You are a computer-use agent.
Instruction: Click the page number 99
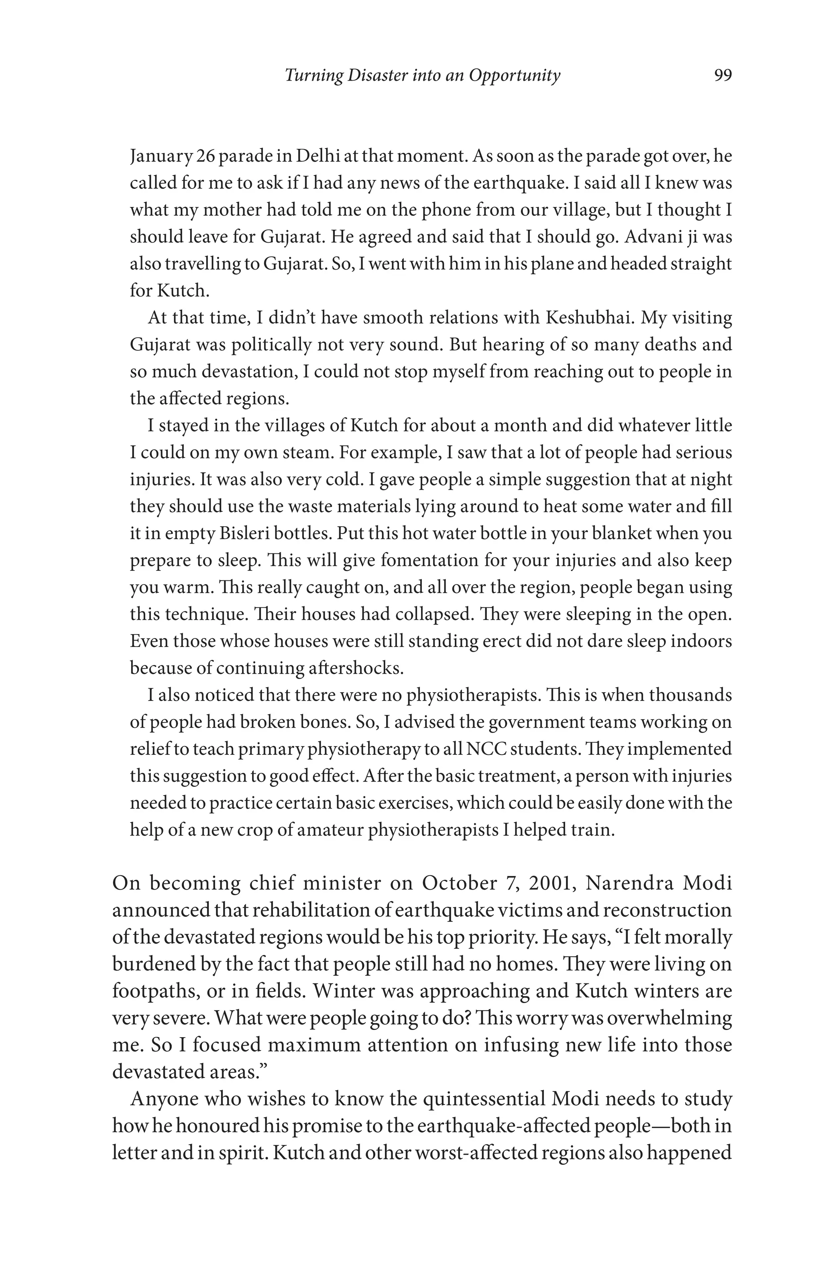coord(723,75)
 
